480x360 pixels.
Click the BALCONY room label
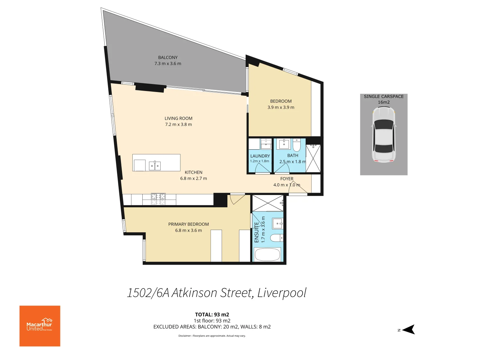(168, 58)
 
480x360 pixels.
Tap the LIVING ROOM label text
(178, 118)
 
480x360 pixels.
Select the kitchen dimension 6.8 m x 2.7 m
(193, 178)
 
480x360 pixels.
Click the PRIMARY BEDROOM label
(188, 224)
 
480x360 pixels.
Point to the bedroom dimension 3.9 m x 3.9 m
(281, 107)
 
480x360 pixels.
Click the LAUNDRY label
(260, 156)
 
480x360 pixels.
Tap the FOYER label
(287, 179)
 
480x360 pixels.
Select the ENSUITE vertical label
(257, 232)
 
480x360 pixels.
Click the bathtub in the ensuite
(268, 255)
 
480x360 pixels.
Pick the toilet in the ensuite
(276, 238)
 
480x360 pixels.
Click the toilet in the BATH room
(297, 145)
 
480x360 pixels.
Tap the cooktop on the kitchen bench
(158, 199)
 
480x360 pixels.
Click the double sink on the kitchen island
(155, 165)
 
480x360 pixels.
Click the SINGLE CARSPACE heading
(384, 96)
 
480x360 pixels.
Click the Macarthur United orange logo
(40, 326)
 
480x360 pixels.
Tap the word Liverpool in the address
(282, 293)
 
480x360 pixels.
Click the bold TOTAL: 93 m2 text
(212, 314)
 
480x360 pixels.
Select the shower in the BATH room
(313, 158)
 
